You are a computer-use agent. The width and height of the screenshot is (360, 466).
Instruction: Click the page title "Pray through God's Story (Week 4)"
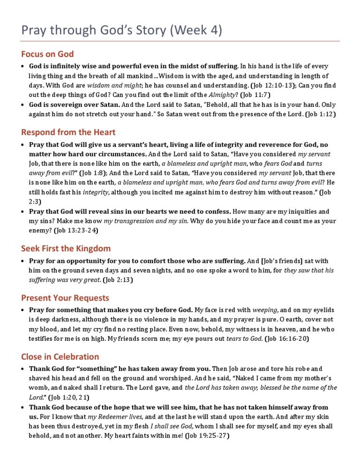point(121,30)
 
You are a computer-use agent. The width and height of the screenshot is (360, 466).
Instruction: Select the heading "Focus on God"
point(47,54)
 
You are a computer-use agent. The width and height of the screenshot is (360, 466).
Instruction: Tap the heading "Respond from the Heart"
point(68,132)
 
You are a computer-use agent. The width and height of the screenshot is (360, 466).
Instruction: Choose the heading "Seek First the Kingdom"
point(66,248)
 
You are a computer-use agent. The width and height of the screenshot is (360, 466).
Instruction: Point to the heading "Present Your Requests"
point(65,298)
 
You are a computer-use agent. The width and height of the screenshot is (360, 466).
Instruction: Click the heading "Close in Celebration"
point(60,356)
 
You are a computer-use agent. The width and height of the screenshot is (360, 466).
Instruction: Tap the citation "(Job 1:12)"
point(320,114)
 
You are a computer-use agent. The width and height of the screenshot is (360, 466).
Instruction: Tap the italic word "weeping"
point(265,310)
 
